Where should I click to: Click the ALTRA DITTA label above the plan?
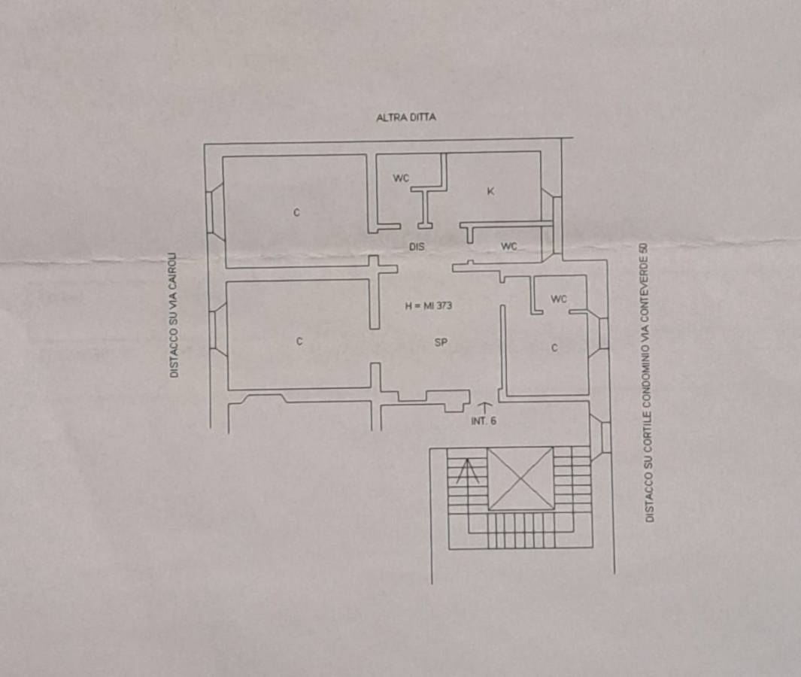pyautogui.click(x=406, y=117)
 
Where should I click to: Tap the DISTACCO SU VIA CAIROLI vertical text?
pyautogui.click(x=174, y=315)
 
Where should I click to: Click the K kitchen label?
pyautogui.click(x=491, y=192)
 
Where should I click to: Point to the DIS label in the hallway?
pyautogui.click(x=417, y=247)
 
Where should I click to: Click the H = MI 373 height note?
pyautogui.click(x=428, y=306)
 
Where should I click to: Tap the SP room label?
pyautogui.click(x=441, y=342)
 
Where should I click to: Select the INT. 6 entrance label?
pyautogui.click(x=484, y=421)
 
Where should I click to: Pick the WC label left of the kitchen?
pyautogui.click(x=401, y=178)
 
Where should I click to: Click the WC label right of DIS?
pyautogui.click(x=508, y=246)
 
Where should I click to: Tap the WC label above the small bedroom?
pyautogui.click(x=559, y=299)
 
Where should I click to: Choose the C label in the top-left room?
pyautogui.click(x=296, y=213)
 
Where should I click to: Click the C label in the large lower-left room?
pyautogui.click(x=299, y=342)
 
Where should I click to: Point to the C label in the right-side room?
pyautogui.click(x=555, y=348)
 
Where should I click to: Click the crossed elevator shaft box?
pyautogui.click(x=520, y=478)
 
